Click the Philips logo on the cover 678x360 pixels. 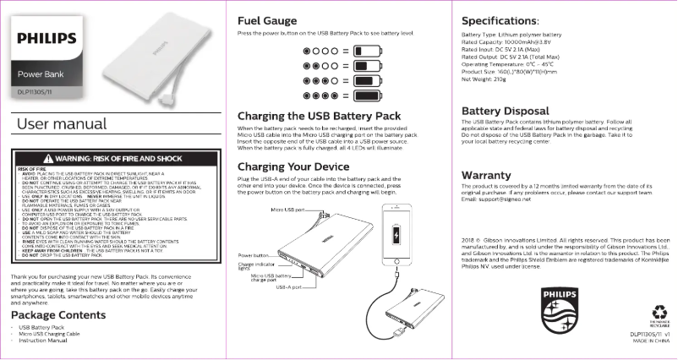click(47, 38)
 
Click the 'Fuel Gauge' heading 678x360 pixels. click(267, 19)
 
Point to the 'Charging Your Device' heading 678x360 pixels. click(294, 166)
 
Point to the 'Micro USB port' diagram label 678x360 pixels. click(287, 209)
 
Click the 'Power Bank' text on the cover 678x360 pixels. click(47, 75)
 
